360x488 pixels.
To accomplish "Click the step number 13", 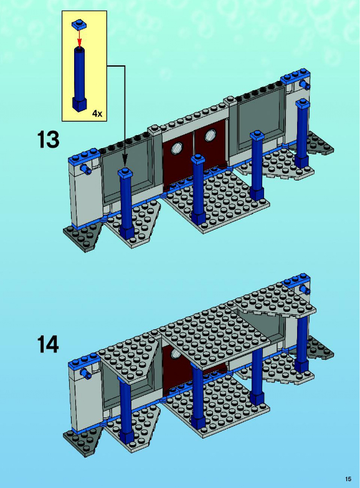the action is pyautogui.click(x=49, y=139).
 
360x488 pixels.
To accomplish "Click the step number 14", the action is pyautogui.click(x=48, y=344).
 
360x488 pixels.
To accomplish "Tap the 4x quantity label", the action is pyautogui.click(x=97, y=113).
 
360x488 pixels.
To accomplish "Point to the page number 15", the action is pyautogui.click(x=348, y=479).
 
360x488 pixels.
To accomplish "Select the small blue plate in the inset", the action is pyautogui.click(x=79, y=25).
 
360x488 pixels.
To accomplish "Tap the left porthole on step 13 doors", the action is pyautogui.click(x=178, y=148).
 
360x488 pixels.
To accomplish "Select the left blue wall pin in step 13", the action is pyautogui.click(x=85, y=169).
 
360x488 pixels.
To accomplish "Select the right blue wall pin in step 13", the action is pyautogui.click(x=304, y=84).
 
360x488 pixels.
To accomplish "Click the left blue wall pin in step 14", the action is pyautogui.click(x=85, y=373).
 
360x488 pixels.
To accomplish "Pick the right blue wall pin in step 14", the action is pyautogui.click(x=304, y=290).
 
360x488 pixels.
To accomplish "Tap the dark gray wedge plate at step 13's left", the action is pyautogui.click(x=82, y=237).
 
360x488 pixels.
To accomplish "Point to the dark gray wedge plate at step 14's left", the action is pyautogui.click(x=82, y=441).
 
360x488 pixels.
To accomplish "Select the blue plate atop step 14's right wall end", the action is pyautogui.click(x=296, y=280).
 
